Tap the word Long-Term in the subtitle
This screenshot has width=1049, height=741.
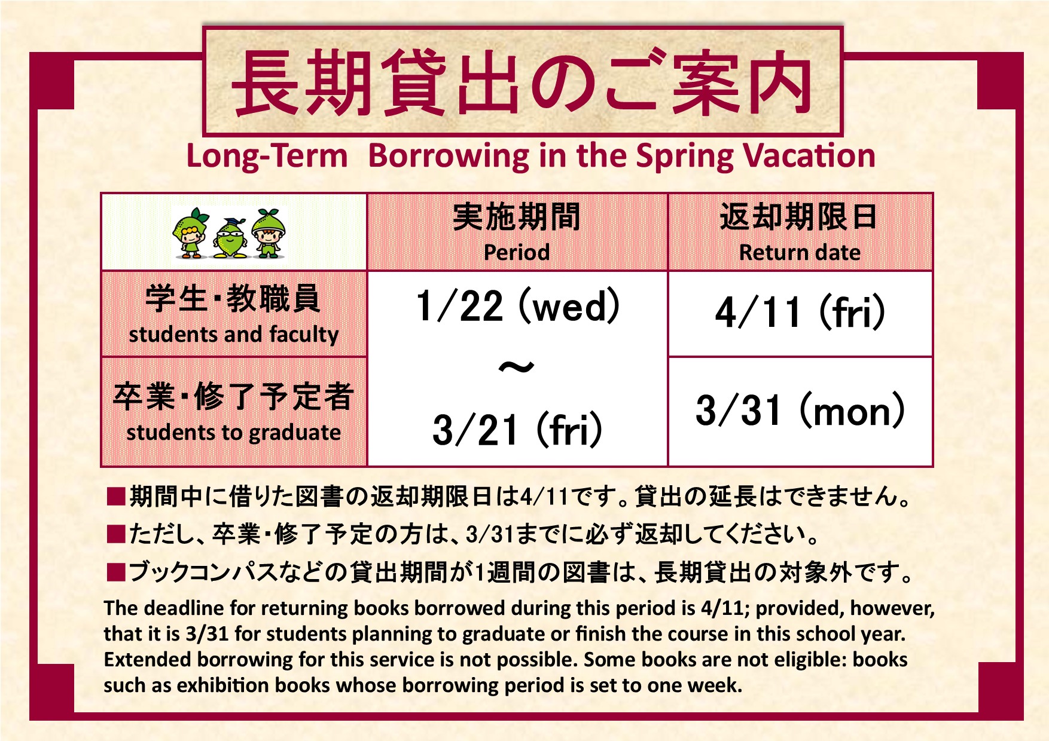point(267,157)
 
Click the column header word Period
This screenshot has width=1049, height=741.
point(517,252)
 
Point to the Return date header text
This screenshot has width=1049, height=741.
point(800,252)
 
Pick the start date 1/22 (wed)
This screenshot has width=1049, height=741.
point(518,306)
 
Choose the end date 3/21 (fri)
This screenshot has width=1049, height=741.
point(517,430)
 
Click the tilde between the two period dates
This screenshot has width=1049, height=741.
point(516,367)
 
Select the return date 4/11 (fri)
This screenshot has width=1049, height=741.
point(800,311)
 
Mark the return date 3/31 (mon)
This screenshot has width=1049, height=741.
point(800,411)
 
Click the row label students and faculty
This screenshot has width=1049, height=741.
point(234,335)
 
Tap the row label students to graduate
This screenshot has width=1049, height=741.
point(234,432)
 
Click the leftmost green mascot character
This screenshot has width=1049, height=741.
point(191,232)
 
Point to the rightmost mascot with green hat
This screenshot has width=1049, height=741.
point(269,233)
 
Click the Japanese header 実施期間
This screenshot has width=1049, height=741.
point(517,216)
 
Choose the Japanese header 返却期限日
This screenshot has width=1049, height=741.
point(799,216)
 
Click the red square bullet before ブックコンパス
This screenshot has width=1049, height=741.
point(115,573)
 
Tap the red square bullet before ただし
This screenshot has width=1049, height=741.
point(115,534)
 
